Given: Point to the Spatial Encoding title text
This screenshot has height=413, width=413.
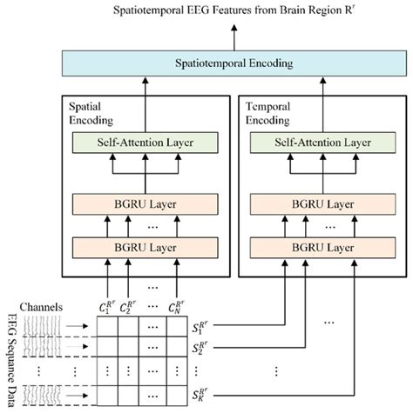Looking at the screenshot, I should (91, 111).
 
